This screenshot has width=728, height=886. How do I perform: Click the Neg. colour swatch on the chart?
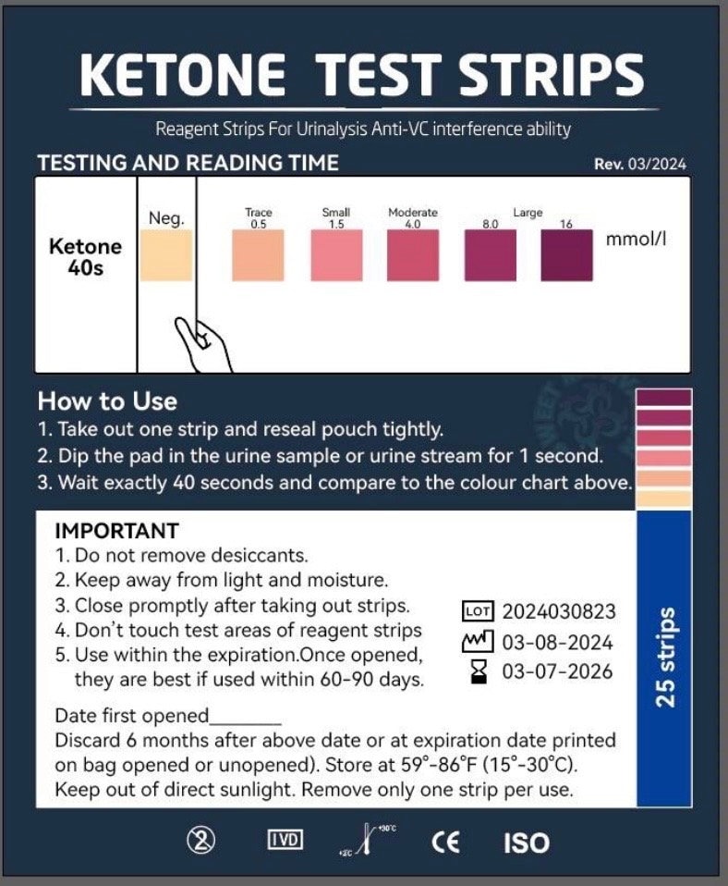point(166,254)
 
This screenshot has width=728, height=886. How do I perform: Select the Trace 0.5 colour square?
point(258,254)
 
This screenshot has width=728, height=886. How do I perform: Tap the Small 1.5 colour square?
point(336,254)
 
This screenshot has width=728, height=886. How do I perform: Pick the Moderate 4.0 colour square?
point(413,254)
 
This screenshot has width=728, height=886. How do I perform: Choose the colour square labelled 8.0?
point(490,254)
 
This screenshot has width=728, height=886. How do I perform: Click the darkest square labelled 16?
point(566,254)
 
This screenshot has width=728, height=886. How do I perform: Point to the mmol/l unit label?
point(636,239)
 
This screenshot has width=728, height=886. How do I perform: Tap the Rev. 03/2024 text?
point(640,165)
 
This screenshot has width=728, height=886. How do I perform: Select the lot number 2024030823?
point(558,611)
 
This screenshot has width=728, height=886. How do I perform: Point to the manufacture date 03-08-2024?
point(556,642)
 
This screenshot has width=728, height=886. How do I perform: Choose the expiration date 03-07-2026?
point(556,672)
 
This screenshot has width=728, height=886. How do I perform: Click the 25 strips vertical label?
point(665,657)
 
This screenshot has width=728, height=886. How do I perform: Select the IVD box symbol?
point(285,841)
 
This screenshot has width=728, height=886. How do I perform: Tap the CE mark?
point(445,842)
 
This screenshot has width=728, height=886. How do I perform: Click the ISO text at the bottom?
point(526,843)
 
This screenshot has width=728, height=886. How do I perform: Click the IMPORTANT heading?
point(116,531)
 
